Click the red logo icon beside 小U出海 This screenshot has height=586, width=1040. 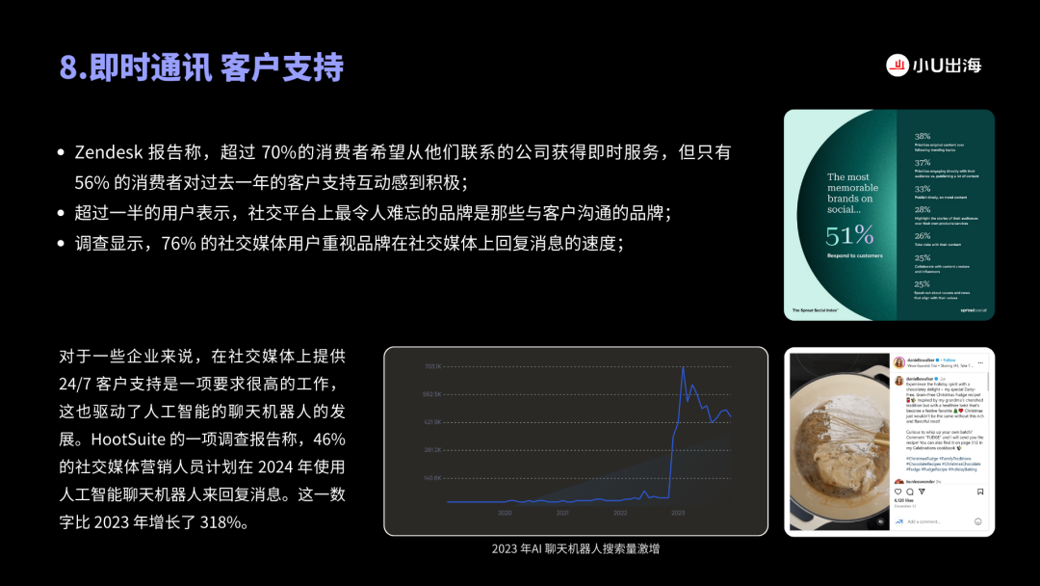pos(898,66)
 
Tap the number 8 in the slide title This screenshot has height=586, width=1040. pos(68,68)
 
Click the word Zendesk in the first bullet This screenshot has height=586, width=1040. pos(109,152)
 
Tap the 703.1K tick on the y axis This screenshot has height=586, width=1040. pos(431,366)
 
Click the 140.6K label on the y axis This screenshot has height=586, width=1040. pos(431,478)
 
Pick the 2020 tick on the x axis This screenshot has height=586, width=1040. pos(505,513)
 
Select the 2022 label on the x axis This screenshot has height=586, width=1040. pos(620,513)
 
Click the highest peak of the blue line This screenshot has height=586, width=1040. pos(683,367)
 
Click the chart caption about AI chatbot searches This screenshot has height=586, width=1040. pos(576,548)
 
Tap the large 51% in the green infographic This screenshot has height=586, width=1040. pos(849,235)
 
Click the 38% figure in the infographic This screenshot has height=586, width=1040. pos(923,137)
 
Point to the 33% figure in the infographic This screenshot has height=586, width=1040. pos(923,189)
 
